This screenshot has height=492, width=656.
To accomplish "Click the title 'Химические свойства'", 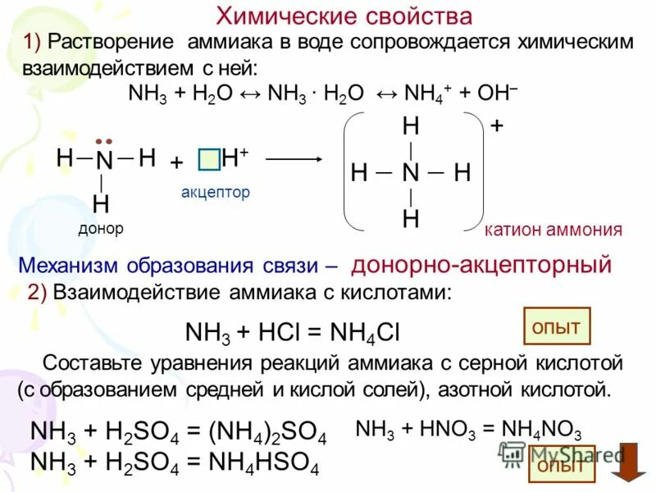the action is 344,16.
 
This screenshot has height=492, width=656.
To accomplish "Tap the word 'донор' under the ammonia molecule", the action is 101,229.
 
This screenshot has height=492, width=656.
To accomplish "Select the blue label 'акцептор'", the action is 215,193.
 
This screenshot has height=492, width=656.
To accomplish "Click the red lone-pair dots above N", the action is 103,140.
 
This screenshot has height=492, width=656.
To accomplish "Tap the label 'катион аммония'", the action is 553,230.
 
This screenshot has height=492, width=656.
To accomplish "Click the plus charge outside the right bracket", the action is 497,128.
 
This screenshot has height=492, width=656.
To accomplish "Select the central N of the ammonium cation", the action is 411,173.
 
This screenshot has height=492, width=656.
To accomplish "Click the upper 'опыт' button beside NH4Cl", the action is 556,327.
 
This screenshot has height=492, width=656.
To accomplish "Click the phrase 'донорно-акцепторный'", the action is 481,265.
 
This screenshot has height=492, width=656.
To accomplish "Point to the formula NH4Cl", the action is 365,332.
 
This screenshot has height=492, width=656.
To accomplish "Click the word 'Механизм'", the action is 69,266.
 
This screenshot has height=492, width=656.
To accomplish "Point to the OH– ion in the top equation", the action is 497,93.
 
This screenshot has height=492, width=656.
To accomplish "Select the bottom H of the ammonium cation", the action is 411,219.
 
